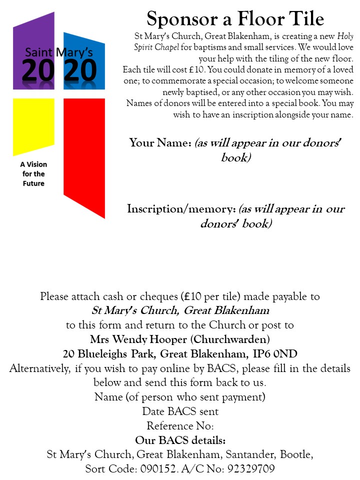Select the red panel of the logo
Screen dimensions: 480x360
pyautogui.click(x=84, y=150)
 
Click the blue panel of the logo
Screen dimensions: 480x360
pyautogui.click(x=84, y=45)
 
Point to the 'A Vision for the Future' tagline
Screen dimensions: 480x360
pyautogui.click(x=33, y=174)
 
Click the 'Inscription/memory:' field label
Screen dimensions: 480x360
pyautogui.click(x=181, y=208)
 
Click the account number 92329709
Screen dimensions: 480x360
pyautogui.click(x=250, y=469)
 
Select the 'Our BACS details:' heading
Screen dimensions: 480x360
pyautogui.click(x=180, y=440)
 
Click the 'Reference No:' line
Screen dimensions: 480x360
pyautogui.click(x=180, y=426)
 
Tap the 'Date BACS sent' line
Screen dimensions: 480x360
pyautogui.click(x=180, y=411)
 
